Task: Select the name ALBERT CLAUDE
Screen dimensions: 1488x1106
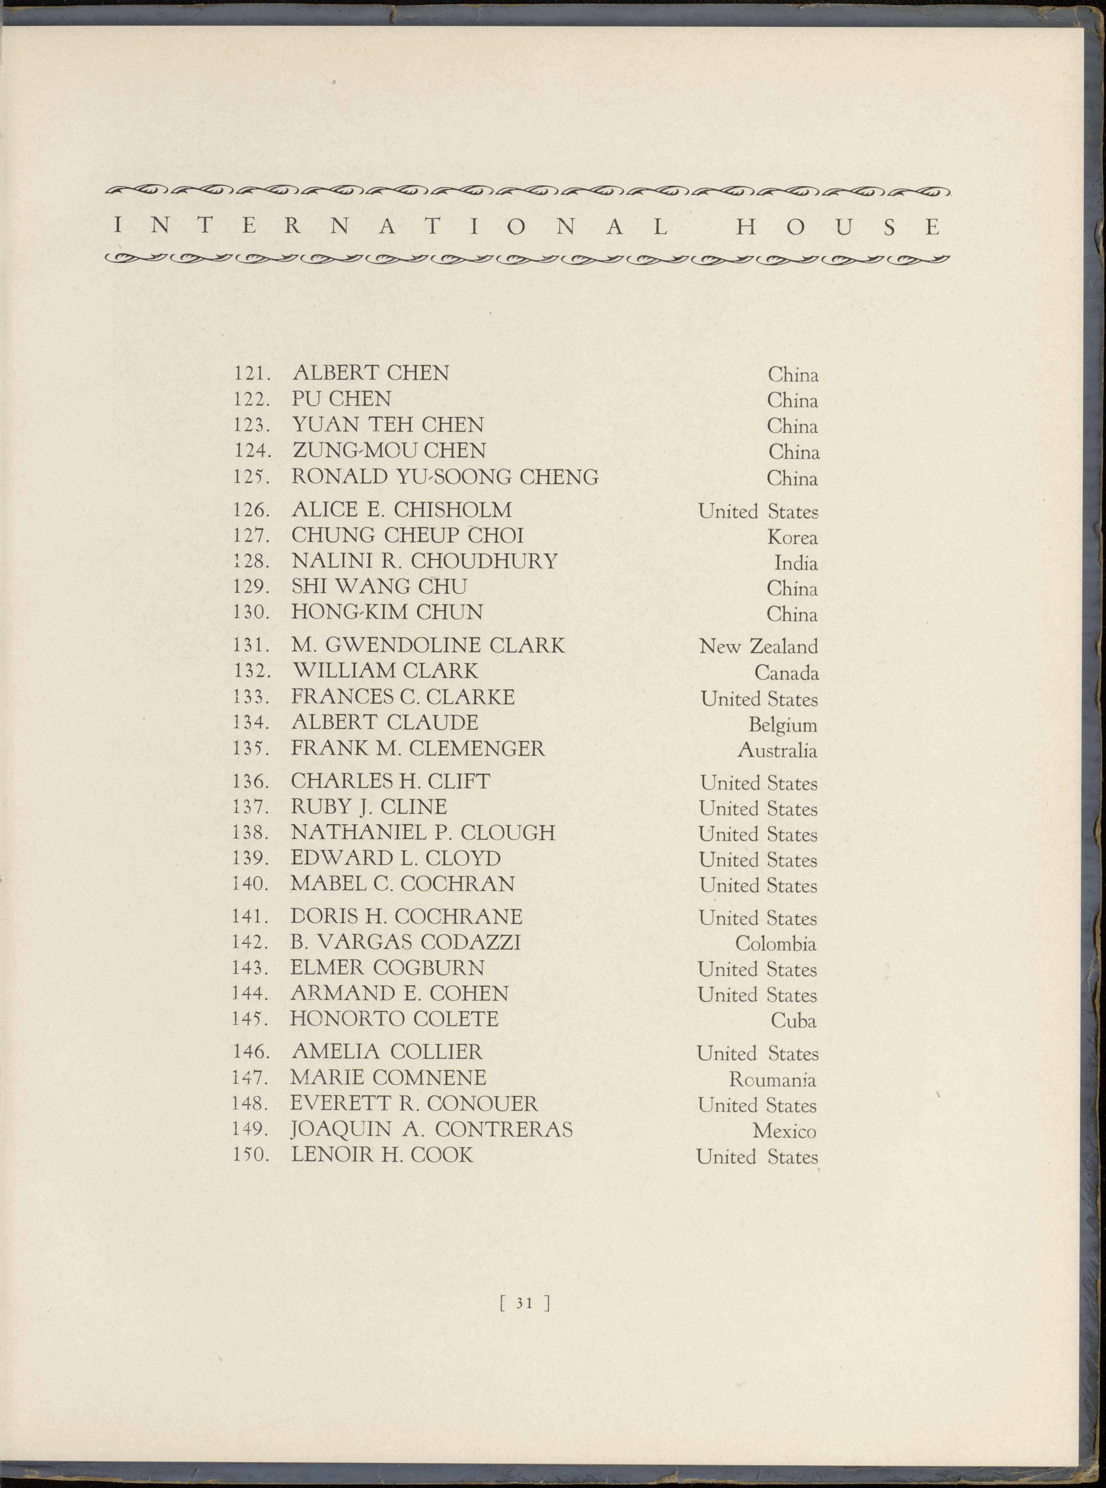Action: (385, 723)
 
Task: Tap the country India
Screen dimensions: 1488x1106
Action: (796, 563)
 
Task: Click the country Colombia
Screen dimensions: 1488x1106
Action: (775, 944)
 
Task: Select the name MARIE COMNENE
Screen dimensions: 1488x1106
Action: (388, 1077)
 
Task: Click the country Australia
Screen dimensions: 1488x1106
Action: (777, 751)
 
